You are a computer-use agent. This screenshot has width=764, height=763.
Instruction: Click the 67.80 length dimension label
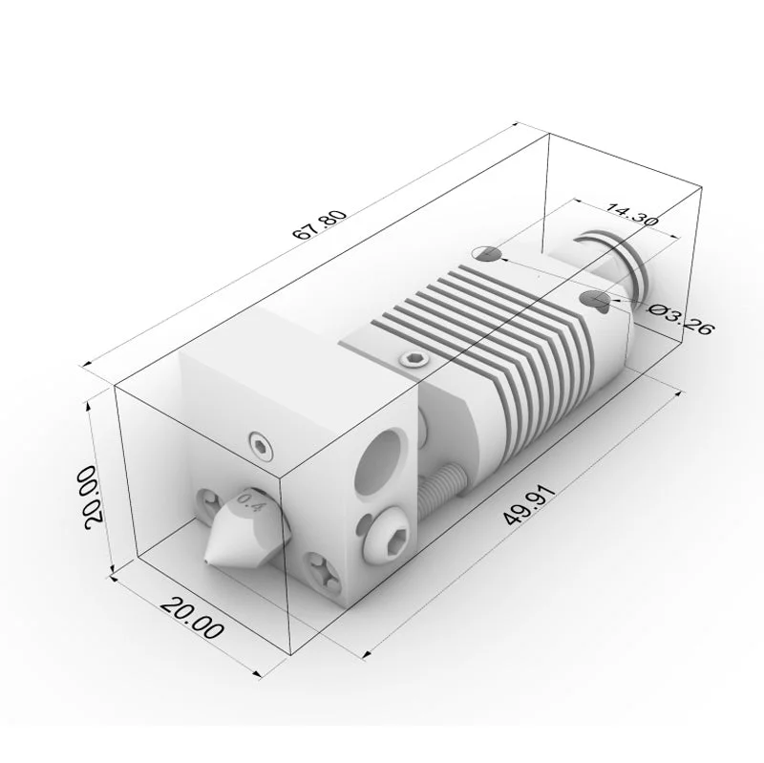(x=320, y=224)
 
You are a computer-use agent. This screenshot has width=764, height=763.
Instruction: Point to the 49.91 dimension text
(x=529, y=505)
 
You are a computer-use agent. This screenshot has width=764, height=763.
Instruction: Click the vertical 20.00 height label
(x=93, y=497)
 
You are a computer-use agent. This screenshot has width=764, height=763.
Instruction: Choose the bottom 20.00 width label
(x=193, y=617)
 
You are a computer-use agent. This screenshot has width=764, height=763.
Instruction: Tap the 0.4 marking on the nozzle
(x=250, y=502)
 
